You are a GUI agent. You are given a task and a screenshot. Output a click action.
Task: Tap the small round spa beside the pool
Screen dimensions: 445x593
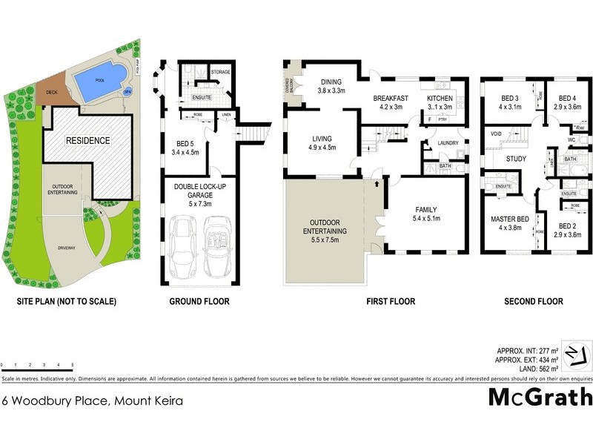click(127, 91)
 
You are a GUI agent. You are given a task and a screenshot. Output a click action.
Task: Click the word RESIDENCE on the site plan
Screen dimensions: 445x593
click(87, 140)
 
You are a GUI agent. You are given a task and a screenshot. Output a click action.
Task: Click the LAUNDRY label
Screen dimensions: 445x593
click(450, 143)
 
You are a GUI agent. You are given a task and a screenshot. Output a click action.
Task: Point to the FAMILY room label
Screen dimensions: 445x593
click(426, 210)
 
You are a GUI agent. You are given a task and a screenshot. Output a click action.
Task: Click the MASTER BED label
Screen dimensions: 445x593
click(508, 219)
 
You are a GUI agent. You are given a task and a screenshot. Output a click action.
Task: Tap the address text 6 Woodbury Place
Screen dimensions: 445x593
click(93, 400)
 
